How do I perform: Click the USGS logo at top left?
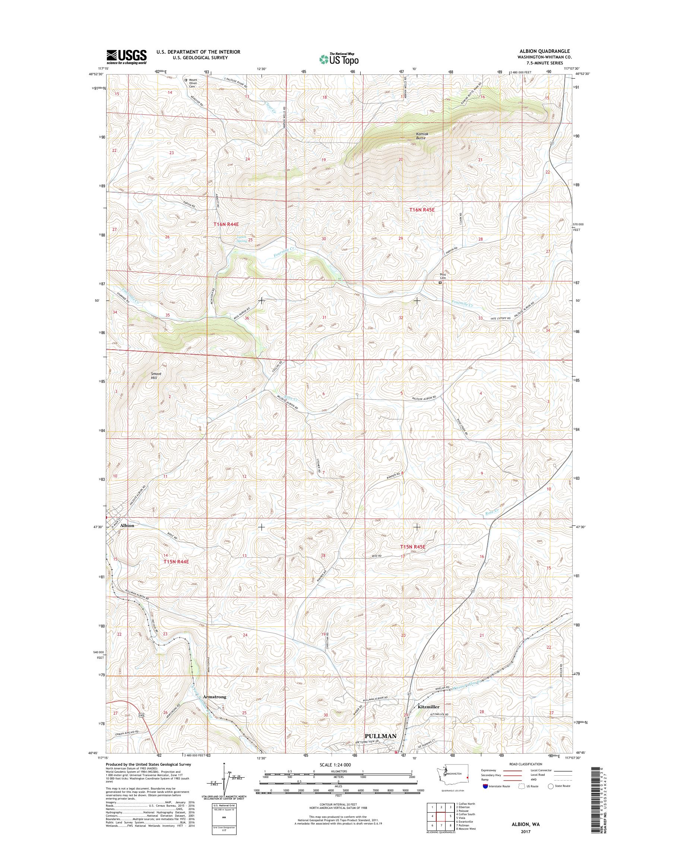tap(126, 57)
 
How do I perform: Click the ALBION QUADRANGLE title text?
tap(549, 51)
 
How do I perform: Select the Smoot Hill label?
tap(156, 375)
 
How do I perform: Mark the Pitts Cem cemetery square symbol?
tap(440, 283)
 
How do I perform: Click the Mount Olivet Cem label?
tap(193, 83)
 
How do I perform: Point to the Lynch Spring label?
tap(242, 239)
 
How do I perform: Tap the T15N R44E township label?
tap(177, 562)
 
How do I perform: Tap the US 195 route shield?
tap(142, 715)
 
